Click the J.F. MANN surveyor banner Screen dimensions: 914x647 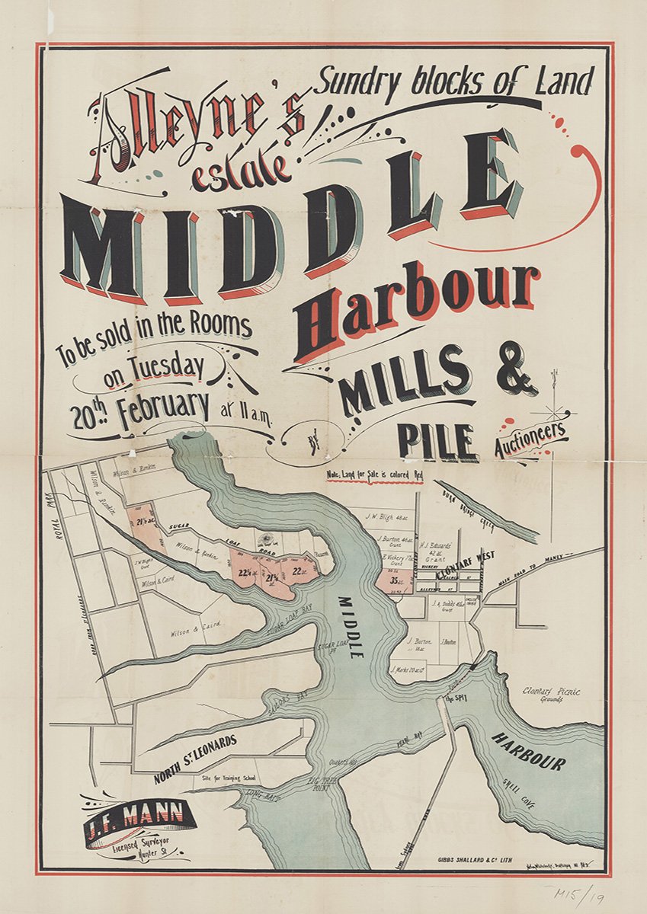139,820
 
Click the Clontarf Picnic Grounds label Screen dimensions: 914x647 552,695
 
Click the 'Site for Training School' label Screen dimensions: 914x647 229,778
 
